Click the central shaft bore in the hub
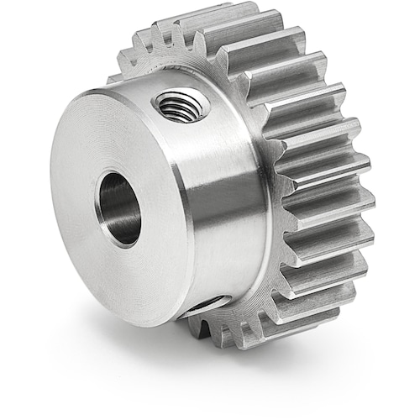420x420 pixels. coord(119,208)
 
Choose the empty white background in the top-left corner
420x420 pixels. coord(25,25)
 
